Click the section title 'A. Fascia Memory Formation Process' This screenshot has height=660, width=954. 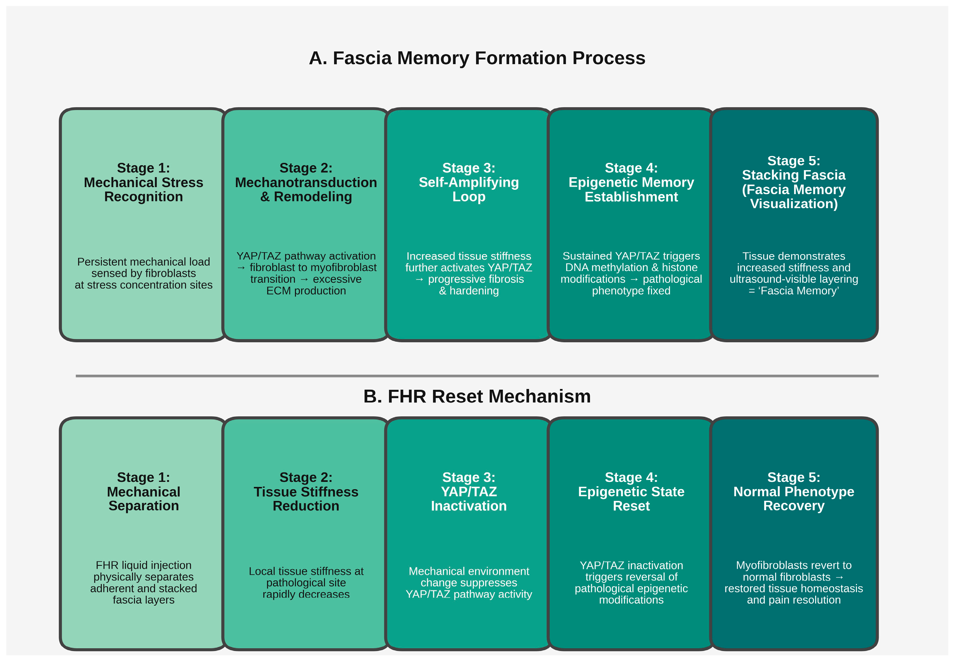pos(477,58)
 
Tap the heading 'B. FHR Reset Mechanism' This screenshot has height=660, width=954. pos(477,396)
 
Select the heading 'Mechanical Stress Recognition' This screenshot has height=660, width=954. pos(143,190)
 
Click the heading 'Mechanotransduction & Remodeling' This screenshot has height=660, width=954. pos(306,190)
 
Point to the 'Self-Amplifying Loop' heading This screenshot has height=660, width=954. pos(468,190)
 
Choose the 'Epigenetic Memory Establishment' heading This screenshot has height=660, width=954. pos(631,190)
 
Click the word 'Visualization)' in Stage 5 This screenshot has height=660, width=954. pos(793,204)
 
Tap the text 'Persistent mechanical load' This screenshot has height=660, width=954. pos(143,262)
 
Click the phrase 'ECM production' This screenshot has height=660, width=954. pos(306,291)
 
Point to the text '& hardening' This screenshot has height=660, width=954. pos(468,291)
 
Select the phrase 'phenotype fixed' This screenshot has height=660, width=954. pos(631,291)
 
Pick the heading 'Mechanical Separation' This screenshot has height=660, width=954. pos(143,499)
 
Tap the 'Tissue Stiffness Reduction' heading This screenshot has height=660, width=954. pos(306,499)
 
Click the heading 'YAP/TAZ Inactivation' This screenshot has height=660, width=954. pos(468,499)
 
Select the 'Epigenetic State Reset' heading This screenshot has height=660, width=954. pos(631,499)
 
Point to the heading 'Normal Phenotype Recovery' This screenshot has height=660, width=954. pos(793,499)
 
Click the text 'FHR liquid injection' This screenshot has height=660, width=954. pos(143,565)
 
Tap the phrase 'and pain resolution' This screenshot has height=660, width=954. pos(793,600)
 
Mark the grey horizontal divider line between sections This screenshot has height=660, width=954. pos(477,376)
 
